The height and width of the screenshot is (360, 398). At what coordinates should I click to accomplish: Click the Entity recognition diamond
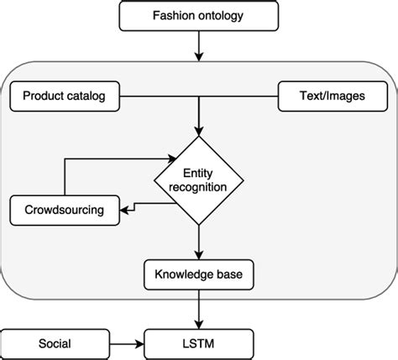(x=199, y=179)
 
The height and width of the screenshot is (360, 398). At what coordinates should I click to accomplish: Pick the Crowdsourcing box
(x=65, y=209)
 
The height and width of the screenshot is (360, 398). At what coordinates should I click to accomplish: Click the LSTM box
(x=198, y=343)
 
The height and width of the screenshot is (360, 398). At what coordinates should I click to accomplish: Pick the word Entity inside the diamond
(x=199, y=171)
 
